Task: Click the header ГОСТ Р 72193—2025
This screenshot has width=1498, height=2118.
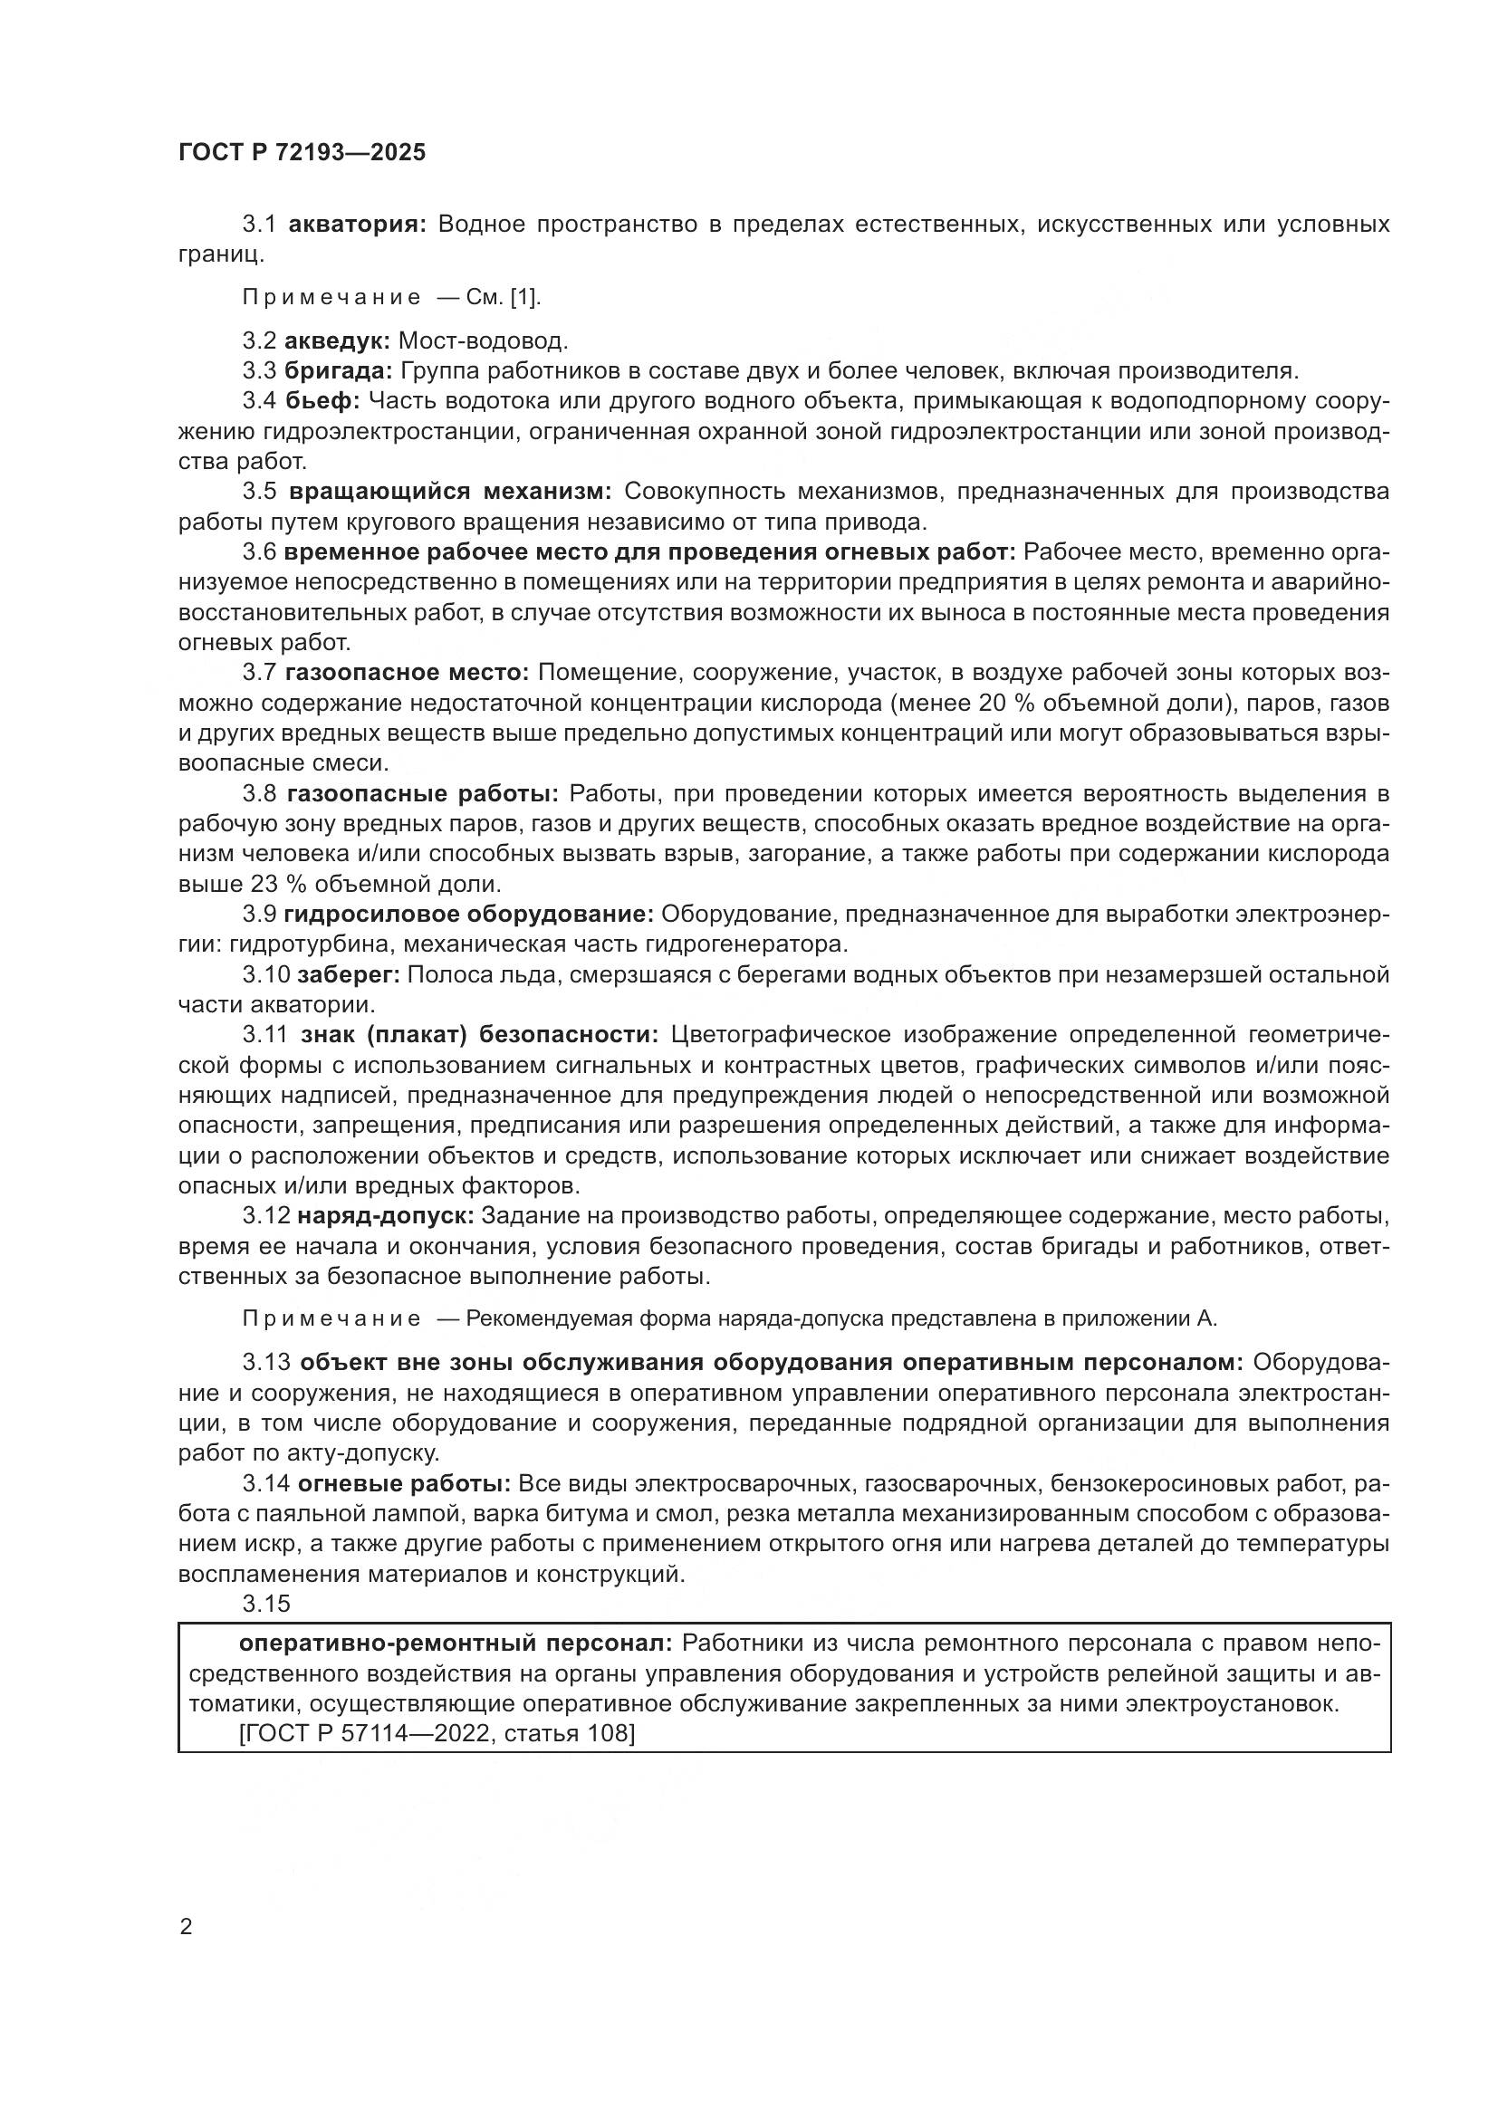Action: coord(302,153)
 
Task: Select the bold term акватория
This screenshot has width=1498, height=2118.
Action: coord(357,225)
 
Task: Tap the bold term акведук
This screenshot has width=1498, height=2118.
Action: coord(338,341)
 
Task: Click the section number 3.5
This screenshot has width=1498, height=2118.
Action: coord(259,492)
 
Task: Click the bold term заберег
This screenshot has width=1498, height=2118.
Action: coord(348,975)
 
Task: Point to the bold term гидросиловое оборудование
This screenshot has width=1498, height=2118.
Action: coord(468,915)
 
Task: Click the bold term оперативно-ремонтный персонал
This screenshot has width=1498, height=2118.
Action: coord(457,1644)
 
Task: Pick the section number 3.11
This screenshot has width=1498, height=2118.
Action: coord(265,1036)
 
